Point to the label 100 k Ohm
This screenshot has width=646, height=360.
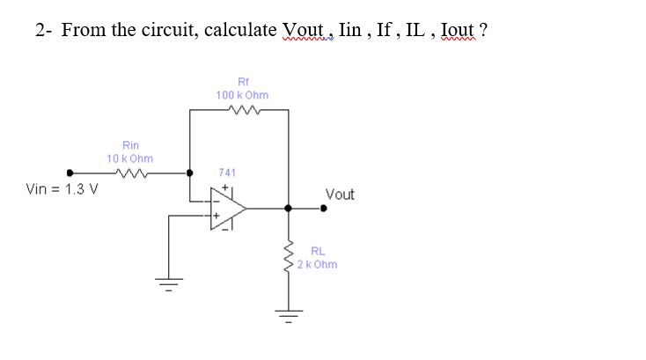tap(242, 94)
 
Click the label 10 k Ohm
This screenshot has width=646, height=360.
tap(129, 158)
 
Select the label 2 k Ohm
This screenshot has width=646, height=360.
tap(317, 264)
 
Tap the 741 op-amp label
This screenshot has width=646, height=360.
tap(226, 173)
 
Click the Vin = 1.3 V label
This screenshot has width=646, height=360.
tap(62, 188)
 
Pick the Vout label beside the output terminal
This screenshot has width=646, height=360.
tap(340, 195)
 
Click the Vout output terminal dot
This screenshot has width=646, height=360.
tap(324, 209)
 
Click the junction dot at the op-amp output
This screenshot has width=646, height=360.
tap(288, 209)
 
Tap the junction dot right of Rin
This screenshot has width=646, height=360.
tap(189, 173)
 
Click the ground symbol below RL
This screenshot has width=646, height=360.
tap(288, 314)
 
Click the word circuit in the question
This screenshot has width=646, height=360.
tap(173, 30)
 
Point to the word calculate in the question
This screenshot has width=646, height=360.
tap(239, 30)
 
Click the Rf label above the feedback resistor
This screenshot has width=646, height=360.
tap(243, 80)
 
